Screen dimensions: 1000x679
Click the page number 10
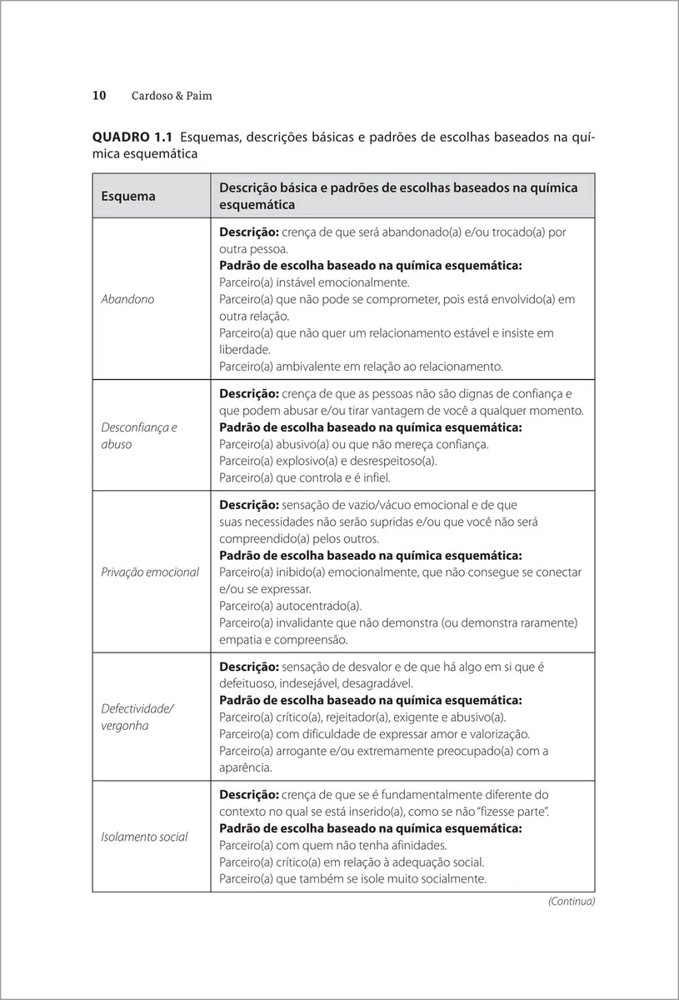pos(98,96)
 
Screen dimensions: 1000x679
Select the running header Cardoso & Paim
pos(172,96)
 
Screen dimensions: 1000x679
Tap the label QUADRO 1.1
pos(132,137)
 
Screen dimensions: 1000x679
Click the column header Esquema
pos(128,196)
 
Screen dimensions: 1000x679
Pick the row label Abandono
pos(127,299)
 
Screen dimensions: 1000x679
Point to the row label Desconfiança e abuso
pos(139,436)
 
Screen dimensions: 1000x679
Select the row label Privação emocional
pos(150,572)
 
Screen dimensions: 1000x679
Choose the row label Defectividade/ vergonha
pos(137,717)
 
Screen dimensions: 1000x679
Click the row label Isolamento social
pos(144,837)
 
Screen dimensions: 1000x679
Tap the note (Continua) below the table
pos(572,901)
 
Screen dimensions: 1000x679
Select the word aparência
pos(245,767)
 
